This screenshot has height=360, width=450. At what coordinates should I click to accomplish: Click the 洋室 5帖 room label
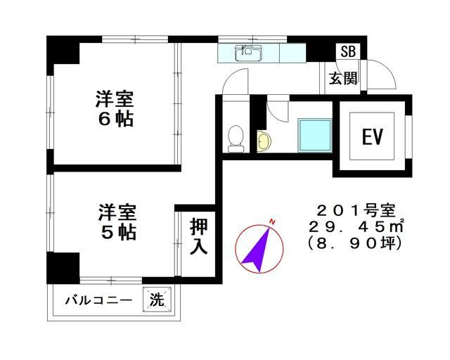click(x=117, y=221)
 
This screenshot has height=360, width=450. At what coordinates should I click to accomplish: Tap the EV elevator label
click(x=372, y=136)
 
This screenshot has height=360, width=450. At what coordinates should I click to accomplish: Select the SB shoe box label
click(x=347, y=51)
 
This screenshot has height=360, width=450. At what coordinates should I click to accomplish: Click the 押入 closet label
click(x=198, y=239)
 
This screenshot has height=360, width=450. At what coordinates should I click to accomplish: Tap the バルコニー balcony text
click(x=98, y=300)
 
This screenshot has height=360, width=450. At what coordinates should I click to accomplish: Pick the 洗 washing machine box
click(x=157, y=300)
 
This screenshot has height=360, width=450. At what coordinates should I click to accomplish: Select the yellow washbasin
click(x=263, y=142)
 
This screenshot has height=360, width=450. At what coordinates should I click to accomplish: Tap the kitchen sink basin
click(x=249, y=52)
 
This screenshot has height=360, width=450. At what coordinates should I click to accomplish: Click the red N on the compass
click(x=272, y=222)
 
